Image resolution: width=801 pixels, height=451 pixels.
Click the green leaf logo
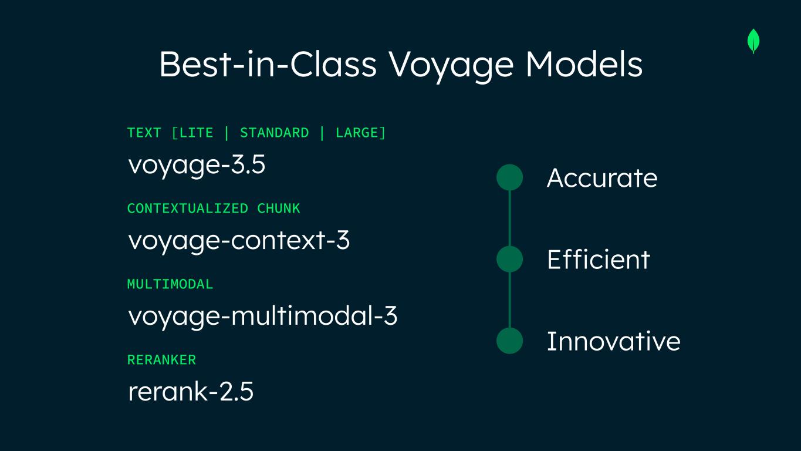click(753, 41)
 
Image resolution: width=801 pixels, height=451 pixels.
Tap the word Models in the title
click(584, 65)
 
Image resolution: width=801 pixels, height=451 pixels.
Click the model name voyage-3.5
click(197, 165)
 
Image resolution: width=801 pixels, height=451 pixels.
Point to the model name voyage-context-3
click(239, 241)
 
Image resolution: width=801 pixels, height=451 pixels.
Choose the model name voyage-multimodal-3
click(263, 316)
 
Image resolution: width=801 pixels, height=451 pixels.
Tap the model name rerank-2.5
click(191, 391)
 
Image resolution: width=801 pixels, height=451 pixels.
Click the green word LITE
click(196, 133)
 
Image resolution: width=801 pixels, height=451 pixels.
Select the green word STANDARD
click(274, 133)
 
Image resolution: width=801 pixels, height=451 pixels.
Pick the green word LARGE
click(357, 133)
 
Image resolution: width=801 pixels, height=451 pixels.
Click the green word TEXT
click(144, 133)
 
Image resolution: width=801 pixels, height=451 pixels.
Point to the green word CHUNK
click(279, 208)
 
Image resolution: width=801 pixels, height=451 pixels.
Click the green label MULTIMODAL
click(170, 284)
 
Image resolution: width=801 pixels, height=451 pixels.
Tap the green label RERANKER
click(161, 360)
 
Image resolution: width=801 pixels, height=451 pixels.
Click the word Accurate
click(602, 178)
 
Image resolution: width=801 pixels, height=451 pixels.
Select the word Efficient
click(599, 259)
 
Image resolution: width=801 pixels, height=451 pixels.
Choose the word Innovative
click(614, 341)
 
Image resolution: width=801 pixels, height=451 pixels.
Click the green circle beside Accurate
click(509, 177)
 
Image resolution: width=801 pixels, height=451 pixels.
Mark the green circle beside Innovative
click(509, 341)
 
